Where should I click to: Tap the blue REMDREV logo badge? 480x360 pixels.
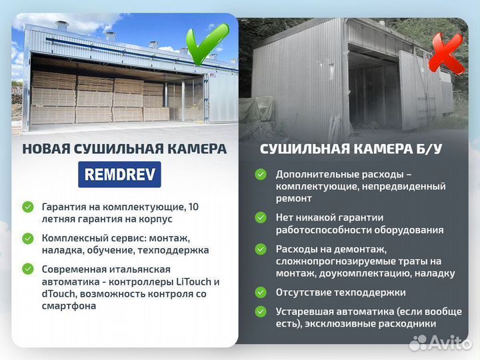[119, 175]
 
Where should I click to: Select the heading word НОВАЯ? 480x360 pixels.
[45, 149]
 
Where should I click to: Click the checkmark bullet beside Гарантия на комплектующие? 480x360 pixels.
[27, 207]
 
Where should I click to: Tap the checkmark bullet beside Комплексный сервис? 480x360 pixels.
[27, 238]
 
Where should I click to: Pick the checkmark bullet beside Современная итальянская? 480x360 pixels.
[27, 269]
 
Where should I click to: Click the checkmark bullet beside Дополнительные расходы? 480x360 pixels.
[261, 174]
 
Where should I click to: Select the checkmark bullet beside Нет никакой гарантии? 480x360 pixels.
[261, 217]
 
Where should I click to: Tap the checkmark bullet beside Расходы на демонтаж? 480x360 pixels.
[261, 249]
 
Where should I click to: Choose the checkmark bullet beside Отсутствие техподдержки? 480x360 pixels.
[261, 292]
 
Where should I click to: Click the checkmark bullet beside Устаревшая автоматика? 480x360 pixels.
[261, 311]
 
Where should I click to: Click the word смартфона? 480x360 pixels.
[69, 306]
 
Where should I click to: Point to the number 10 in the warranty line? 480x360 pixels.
[193, 207]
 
